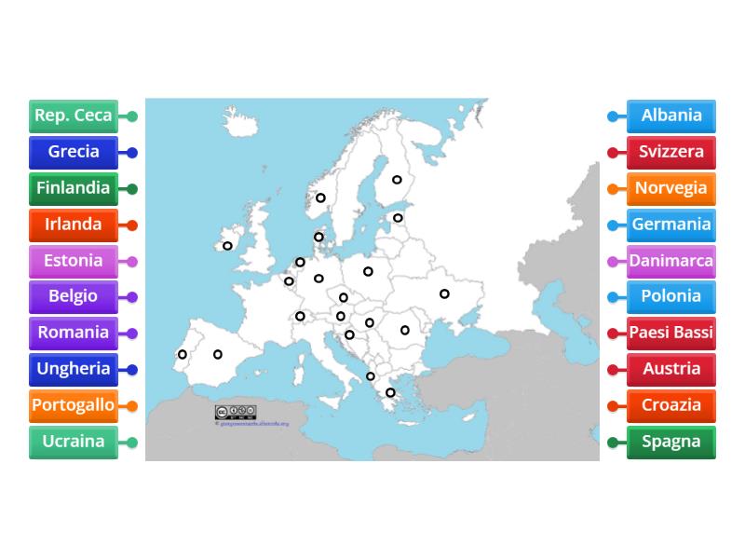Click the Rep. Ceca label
click(x=74, y=116)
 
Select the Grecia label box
click(x=74, y=152)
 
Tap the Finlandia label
click(x=74, y=188)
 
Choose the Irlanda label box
click(x=74, y=225)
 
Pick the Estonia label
click(x=74, y=261)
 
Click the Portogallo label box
click(x=74, y=405)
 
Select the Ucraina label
click(x=74, y=442)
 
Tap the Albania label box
click(x=671, y=116)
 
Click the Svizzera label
click(x=671, y=152)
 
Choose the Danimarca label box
click(x=671, y=261)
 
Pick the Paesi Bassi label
click(x=671, y=333)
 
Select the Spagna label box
click(x=671, y=442)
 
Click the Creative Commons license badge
click(x=235, y=412)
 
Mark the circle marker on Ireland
click(x=228, y=246)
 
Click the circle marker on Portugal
click(x=183, y=354)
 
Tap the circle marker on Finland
click(x=397, y=180)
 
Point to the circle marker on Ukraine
click(x=444, y=293)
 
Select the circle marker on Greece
click(x=390, y=392)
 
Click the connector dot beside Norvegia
click(x=612, y=189)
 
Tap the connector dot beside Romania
click(x=132, y=334)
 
